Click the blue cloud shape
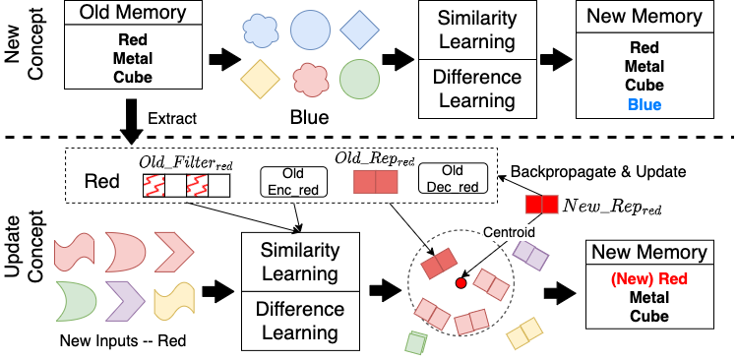[261, 30]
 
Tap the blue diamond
[360, 30]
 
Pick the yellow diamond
[261, 79]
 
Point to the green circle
[360, 80]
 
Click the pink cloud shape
[311, 80]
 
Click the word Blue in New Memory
[645, 105]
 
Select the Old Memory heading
[133, 14]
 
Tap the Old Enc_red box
[293, 182]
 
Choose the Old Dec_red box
[453, 178]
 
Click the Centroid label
[509, 232]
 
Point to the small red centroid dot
[461, 283]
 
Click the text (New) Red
[649, 278]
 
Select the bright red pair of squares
[542, 205]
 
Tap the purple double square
[531, 255]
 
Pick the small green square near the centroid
[416, 341]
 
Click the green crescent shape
[74, 301]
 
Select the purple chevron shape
[124, 300]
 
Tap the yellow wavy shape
[173, 300]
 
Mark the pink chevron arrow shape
[174, 252]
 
